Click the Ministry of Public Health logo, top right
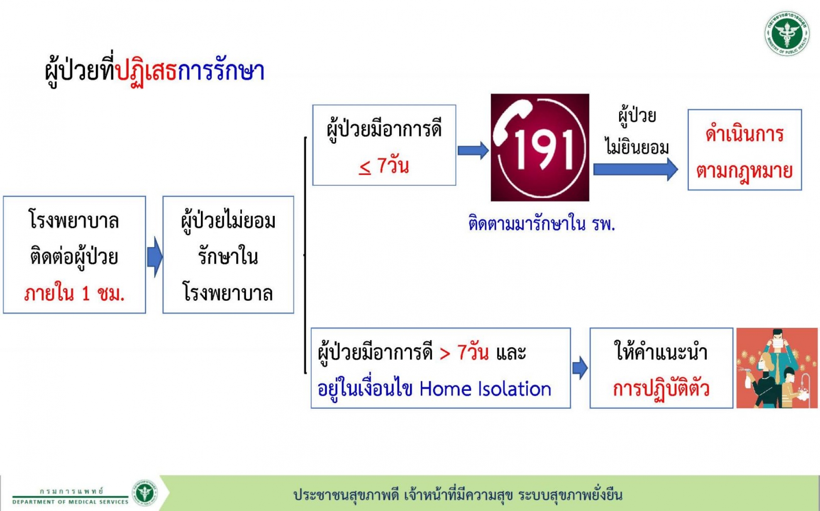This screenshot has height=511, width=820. [x=787, y=33]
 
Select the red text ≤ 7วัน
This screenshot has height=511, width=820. [x=384, y=165]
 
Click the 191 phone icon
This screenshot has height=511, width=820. [x=540, y=148]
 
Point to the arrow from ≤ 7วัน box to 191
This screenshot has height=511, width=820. [x=473, y=150]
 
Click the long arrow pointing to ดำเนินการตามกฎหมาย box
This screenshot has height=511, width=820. [x=635, y=169]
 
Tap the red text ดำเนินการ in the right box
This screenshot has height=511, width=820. [x=744, y=133]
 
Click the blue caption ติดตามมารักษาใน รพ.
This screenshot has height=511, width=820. [x=542, y=223]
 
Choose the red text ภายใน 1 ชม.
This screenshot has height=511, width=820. [x=74, y=293]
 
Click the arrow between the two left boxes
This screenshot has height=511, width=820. [x=155, y=257]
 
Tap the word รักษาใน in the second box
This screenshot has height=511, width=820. [x=228, y=256]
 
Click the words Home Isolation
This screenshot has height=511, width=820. [x=485, y=389]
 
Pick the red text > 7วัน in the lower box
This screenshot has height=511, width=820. [x=464, y=353]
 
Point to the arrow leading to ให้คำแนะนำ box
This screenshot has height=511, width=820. [x=580, y=368]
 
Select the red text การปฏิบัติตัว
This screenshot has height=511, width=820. [x=661, y=389]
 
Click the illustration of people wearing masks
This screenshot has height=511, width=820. [x=777, y=368]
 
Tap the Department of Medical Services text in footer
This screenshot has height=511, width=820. [x=71, y=502]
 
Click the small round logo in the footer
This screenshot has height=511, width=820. [x=145, y=493]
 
